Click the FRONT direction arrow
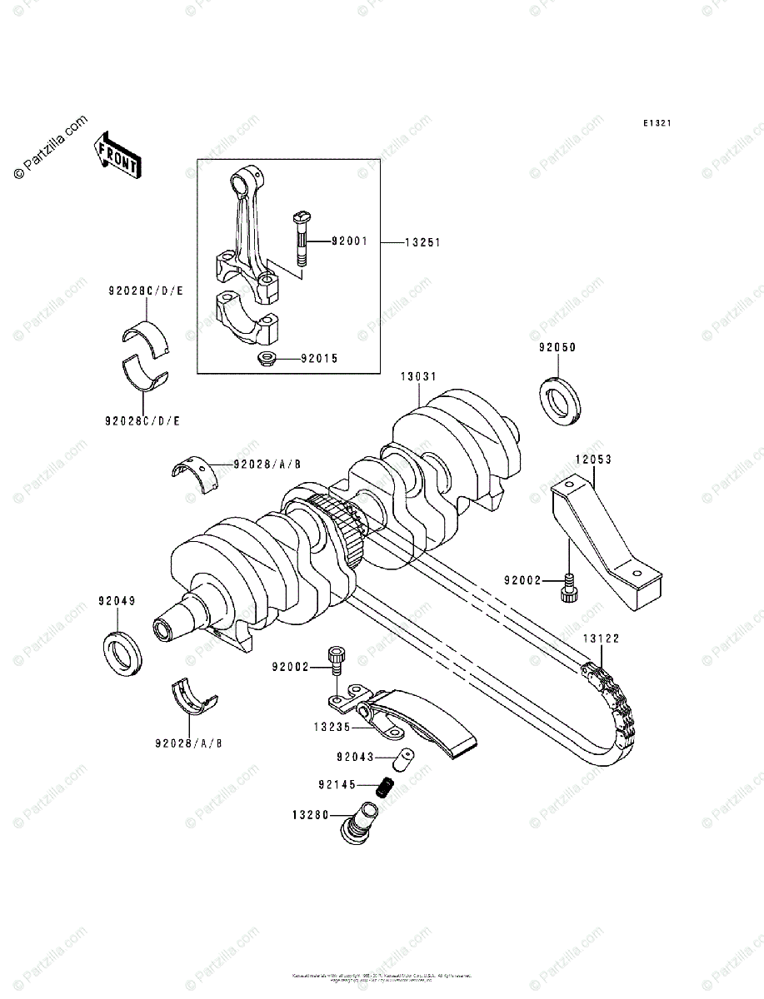point(117,155)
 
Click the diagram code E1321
point(657,123)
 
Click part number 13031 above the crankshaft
point(418,377)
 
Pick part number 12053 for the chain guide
point(592,459)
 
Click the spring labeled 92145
point(385,784)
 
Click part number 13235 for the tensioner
point(331,726)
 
